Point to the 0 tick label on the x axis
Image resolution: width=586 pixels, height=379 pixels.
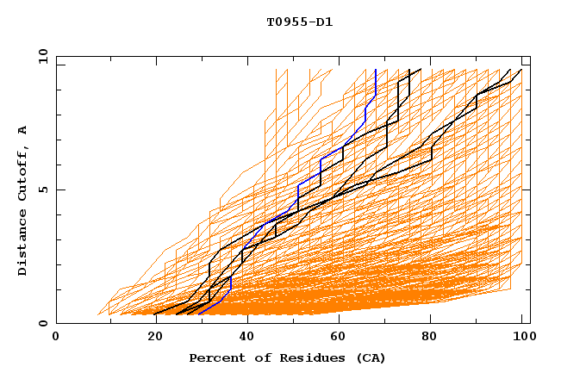pyautogui.click(x=56, y=339)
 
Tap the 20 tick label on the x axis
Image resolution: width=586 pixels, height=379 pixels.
pyautogui.click(x=150, y=339)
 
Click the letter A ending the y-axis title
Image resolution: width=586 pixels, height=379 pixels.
pyautogui.click(x=23, y=130)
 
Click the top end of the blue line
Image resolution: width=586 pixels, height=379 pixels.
pyautogui.click(x=376, y=69)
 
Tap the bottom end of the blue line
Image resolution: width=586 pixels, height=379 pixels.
pyautogui.click(x=199, y=314)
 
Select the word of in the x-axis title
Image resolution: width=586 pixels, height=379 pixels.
pyautogui.click(x=256, y=358)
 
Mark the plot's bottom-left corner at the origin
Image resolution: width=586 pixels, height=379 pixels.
pyautogui.click(x=57, y=323)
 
